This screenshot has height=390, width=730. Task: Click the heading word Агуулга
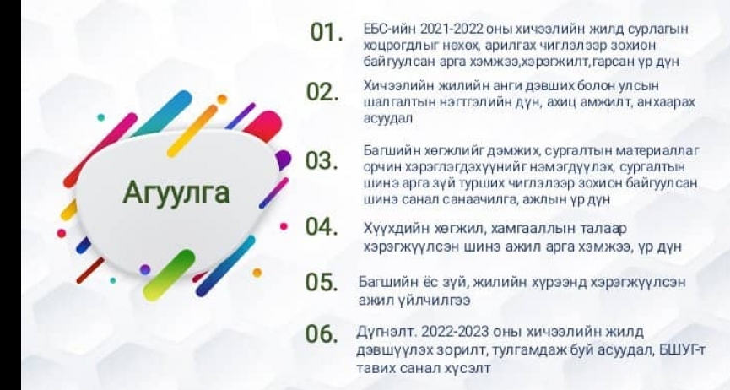tap(176, 192)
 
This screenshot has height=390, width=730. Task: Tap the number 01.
tap(327, 33)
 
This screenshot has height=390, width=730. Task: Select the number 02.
tap(322, 92)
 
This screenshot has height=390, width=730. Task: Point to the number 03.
tap(322, 160)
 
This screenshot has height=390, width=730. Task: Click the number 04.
tap(322, 226)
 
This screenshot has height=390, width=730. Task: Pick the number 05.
tap(322, 282)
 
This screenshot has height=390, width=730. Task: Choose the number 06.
tap(322, 333)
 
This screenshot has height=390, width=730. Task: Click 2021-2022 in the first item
tap(452, 30)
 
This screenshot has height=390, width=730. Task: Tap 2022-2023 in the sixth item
tap(454, 332)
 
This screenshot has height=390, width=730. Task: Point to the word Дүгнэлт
tap(387, 333)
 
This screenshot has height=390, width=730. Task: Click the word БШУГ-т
tap(682, 349)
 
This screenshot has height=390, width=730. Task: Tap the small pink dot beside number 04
tap(284, 226)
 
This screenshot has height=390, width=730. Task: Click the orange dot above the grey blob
tap(222, 99)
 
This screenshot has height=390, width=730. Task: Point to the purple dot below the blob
tap(145, 269)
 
